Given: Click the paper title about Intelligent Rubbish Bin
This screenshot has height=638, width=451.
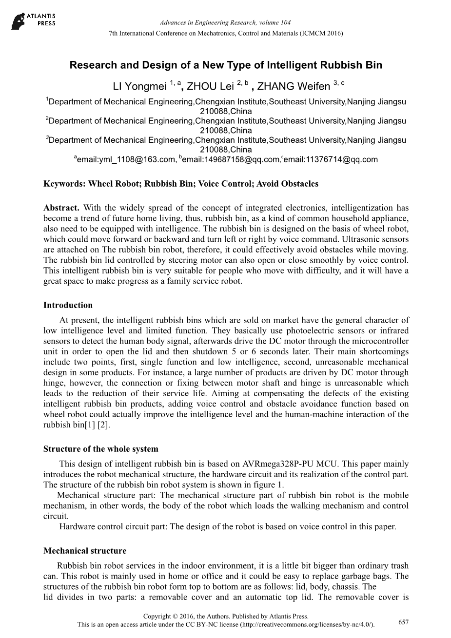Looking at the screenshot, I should coord(226,65).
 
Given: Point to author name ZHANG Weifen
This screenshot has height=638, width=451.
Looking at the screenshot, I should coord(294,87).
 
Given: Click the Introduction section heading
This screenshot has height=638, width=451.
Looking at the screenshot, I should coord(68,306).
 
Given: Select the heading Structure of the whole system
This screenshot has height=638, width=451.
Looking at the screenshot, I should coord(101,449).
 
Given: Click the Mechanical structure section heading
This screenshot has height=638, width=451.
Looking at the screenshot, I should coord(85,551).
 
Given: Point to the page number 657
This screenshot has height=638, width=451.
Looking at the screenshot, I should coord(404,622).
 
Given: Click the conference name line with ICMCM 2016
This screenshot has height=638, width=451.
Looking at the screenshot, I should coord(226,33).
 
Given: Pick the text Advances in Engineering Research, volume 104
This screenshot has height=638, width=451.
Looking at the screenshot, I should coord(225,23).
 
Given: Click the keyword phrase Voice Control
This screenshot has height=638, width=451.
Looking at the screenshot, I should coord(225,184).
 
